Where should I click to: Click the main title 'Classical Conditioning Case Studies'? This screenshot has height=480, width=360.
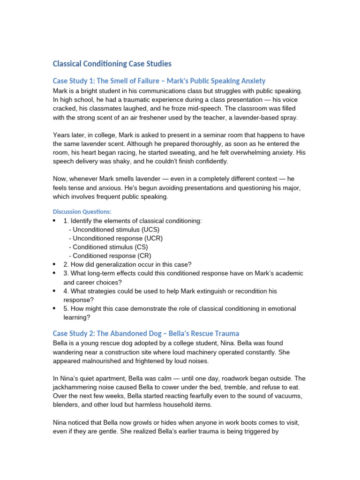point(112,63)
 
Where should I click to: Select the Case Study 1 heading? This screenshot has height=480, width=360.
point(159,81)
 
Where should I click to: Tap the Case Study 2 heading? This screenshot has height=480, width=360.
point(146,333)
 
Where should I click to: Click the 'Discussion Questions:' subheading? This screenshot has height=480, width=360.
point(82,211)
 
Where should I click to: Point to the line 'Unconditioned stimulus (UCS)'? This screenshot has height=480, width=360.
point(114,229)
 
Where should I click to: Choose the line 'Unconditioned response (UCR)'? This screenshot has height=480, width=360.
point(116,238)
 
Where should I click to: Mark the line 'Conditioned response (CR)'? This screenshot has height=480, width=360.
point(110,256)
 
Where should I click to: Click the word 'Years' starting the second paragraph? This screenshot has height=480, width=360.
point(61,135)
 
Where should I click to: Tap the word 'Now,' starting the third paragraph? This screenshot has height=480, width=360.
point(61,179)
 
